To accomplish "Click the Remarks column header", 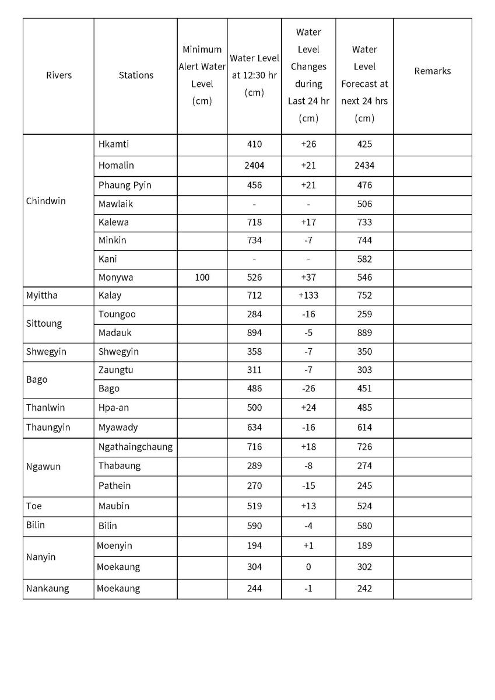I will (x=432, y=71).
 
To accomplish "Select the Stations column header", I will (x=136, y=75).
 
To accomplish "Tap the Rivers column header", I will (x=59, y=75).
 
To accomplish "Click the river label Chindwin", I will (x=46, y=201).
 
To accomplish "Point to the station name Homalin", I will (x=116, y=166).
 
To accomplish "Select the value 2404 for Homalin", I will (x=254, y=166).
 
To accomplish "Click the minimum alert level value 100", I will (x=202, y=278).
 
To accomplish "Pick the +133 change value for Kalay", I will (x=308, y=296).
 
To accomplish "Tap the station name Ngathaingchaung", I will (x=135, y=447).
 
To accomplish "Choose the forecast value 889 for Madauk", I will (x=364, y=333).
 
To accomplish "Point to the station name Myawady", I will (x=118, y=428).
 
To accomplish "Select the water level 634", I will (x=254, y=428).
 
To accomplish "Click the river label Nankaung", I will (x=47, y=589).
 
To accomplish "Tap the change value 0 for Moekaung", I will (x=308, y=567).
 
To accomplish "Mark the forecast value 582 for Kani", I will (x=364, y=259).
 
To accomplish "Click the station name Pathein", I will (x=114, y=486).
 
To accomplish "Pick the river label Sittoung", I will (x=44, y=324).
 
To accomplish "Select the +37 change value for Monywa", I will (x=308, y=278).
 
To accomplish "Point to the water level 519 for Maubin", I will (x=254, y=506).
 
